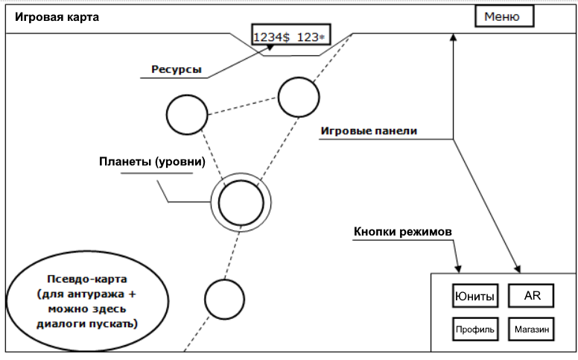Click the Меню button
[502, 16]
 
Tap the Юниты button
[474, 297]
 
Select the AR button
[532, 296]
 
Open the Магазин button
[532, 329]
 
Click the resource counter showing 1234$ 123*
[292, 37]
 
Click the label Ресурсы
[176, 69]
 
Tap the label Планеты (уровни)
[152, 161]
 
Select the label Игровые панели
[368, 130]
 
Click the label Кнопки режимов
[402, 232]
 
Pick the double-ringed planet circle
[241, 201]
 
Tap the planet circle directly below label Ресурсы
[186, 115]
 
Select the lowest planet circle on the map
[224, 299]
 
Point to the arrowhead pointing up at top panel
[452, 37]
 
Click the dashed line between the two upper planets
[242, 106]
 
